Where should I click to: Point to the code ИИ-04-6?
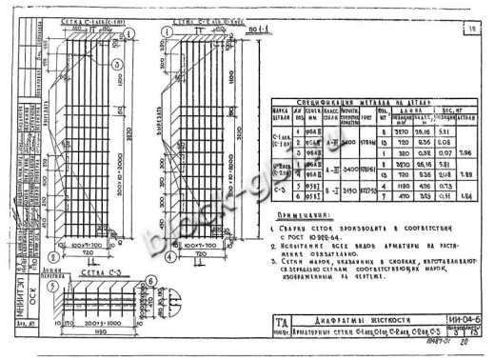coord(465,323)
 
